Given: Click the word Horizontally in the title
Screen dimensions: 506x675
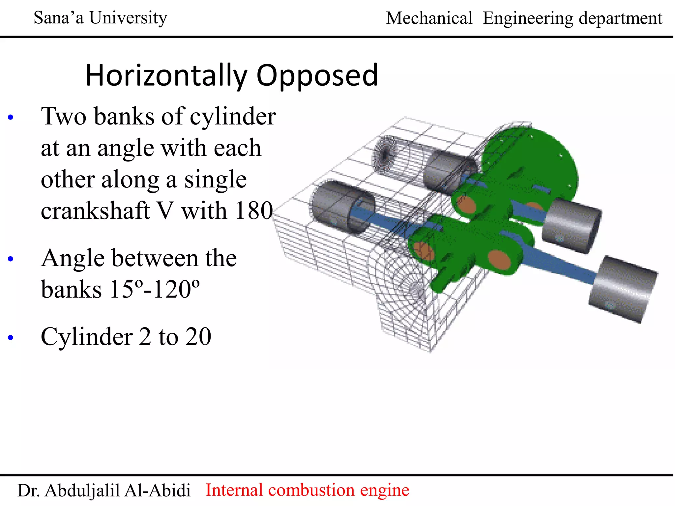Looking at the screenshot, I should [x=166, y=75].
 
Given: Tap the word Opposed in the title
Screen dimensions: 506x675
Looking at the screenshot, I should [x=317, y=76].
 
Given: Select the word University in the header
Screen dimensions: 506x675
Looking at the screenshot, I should [x=128, y=18].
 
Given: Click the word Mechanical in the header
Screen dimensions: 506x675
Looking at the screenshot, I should [x=429, y=18].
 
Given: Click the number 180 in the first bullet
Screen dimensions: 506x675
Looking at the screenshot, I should [x=254, y=210].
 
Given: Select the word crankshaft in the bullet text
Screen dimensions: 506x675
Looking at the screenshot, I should [x=95, y=210].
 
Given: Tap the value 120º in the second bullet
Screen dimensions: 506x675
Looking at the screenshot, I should [x=176, y=289].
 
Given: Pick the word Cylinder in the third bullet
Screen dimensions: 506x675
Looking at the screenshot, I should [x=87, y=337].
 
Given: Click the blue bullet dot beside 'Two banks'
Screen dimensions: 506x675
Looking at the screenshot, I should [x=11, y=117].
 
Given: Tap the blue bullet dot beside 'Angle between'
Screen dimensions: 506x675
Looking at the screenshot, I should [x=11, y=259].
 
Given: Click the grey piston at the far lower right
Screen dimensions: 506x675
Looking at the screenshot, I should [x=622, y=289].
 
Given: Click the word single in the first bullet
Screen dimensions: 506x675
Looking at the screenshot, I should [x=215, y=180].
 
